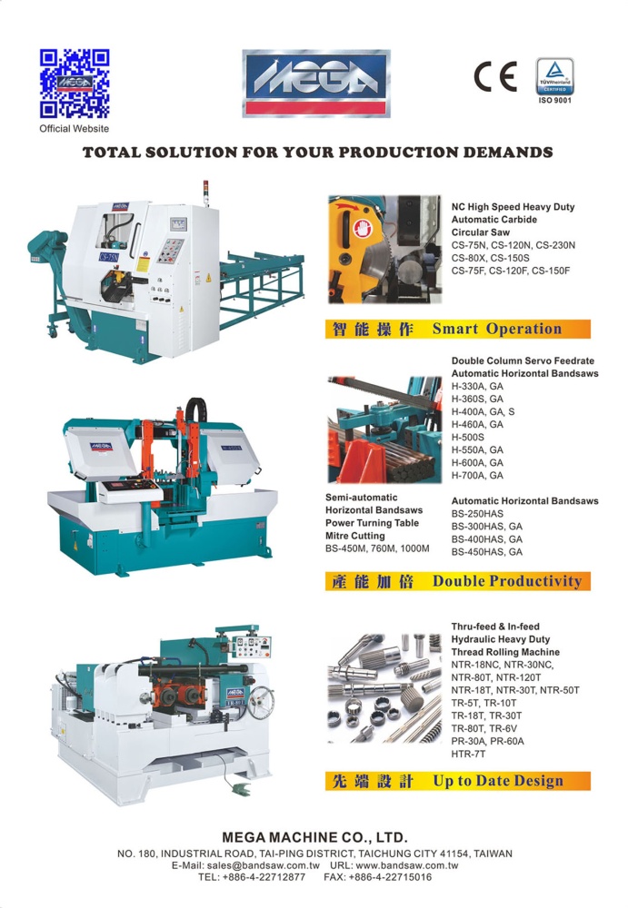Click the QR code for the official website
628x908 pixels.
pos(75,84)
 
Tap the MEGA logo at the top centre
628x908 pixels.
pos(316,84)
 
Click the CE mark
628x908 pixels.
pos(495,76)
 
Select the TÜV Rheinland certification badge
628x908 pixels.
pos(555,76)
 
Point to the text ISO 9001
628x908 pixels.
pos(555,100)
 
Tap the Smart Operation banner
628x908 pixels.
pos(457,329)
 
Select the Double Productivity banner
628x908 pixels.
pos(457,581)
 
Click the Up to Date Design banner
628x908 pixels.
pos(457,781)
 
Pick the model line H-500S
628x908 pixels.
pos(467,438)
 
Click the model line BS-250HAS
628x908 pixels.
pos(477,514)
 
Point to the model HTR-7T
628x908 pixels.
pos(469,754)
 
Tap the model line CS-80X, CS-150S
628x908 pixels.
pos(490,258)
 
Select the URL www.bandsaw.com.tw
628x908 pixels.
pos(406,865)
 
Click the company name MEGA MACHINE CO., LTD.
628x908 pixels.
pos(314,837)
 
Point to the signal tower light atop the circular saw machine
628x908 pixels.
pos(206,192)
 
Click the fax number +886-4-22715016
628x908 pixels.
pos(390,877)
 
